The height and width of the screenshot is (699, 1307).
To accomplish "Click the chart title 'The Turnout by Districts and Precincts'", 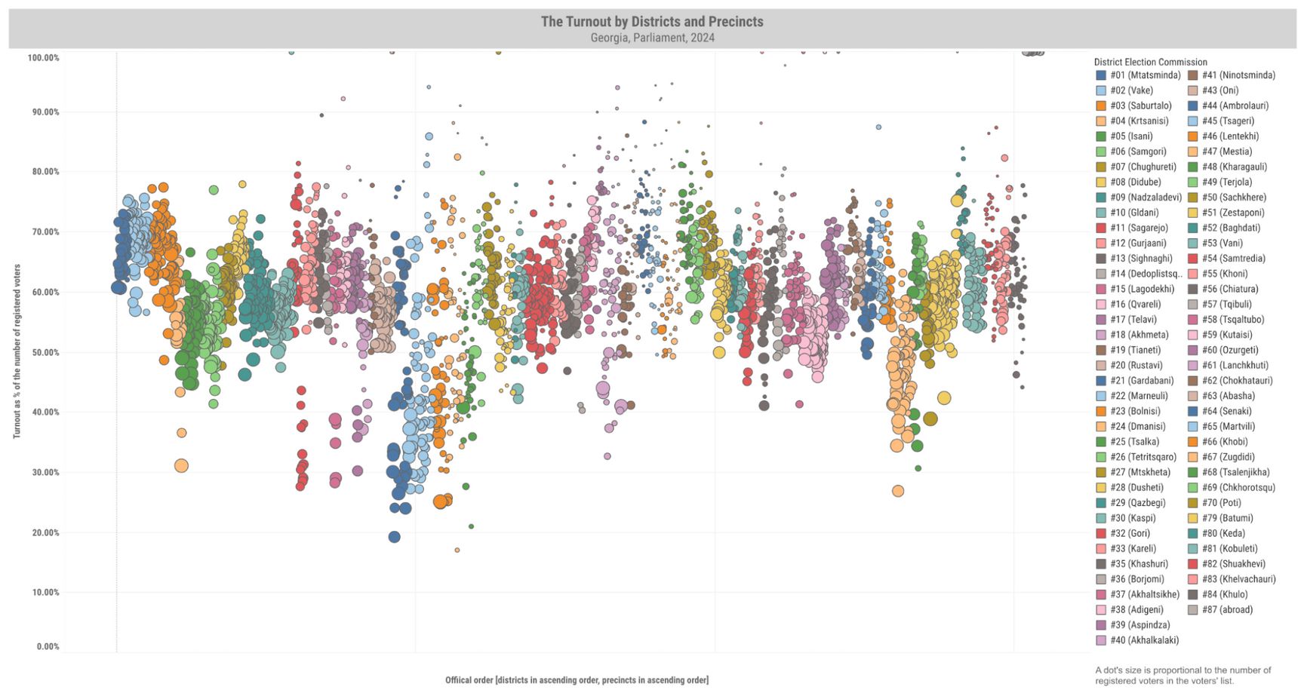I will click(x=652, y=22).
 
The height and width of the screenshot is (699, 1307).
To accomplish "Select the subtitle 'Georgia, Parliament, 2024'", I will click(x=652, y=38).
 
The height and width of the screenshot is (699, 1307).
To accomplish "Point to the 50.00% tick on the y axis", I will click(x=44, y=353).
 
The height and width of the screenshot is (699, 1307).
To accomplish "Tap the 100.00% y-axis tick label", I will click(x=43, y=58).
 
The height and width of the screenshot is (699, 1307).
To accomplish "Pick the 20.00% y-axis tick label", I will click(x=44, y=533).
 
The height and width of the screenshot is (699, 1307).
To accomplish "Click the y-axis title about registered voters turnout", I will click(x=17, y=351).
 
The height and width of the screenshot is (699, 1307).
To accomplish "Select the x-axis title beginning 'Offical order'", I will click(x=577, y=680).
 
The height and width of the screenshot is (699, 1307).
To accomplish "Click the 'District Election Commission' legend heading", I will click(x=1150, y=63).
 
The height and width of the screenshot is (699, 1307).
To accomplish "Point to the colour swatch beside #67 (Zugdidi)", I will click(x=1193, y=457).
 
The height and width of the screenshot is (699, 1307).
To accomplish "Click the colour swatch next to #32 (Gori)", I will click(x=1101, y=533).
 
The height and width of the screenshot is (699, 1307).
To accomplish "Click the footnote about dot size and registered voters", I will click(x=1182, y=676).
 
